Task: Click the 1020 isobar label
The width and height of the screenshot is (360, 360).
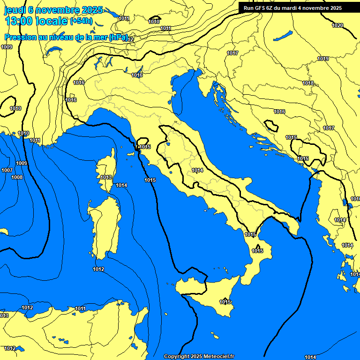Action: [337, 25]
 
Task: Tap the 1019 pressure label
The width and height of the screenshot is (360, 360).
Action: [322, 59]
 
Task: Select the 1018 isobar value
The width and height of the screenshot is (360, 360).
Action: [308, 83]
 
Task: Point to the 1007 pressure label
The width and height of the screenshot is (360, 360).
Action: [7, 170]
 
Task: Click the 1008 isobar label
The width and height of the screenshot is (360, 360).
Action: [17, 177]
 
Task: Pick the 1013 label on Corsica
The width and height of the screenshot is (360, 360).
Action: [106, 177]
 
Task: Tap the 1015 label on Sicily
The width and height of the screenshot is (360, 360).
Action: [225, 302]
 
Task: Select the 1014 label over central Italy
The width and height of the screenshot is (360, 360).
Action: [197, 170]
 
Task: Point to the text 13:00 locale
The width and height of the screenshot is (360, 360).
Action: [36, 21]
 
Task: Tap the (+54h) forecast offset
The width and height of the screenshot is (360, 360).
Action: [81, 21]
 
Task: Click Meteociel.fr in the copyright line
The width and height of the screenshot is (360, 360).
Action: [217, 357]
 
